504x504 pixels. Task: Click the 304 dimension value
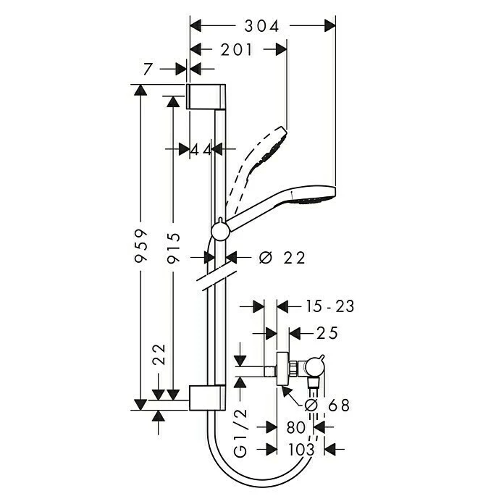261,26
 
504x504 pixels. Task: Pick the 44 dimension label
201,149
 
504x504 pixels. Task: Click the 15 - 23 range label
329,306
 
